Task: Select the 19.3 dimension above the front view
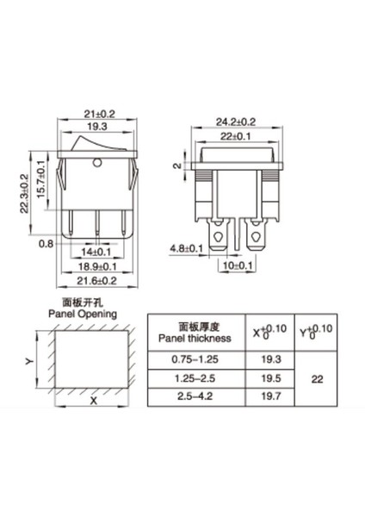tap(98, 127)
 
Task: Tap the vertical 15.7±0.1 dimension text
tap(40, 180)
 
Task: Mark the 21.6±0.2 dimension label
tap(97, 282)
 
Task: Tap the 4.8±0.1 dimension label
tap(187, 249)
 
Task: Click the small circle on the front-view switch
tap(96, 160)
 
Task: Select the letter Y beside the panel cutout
tap(30, 363)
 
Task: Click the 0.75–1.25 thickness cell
tap(195, 358)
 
